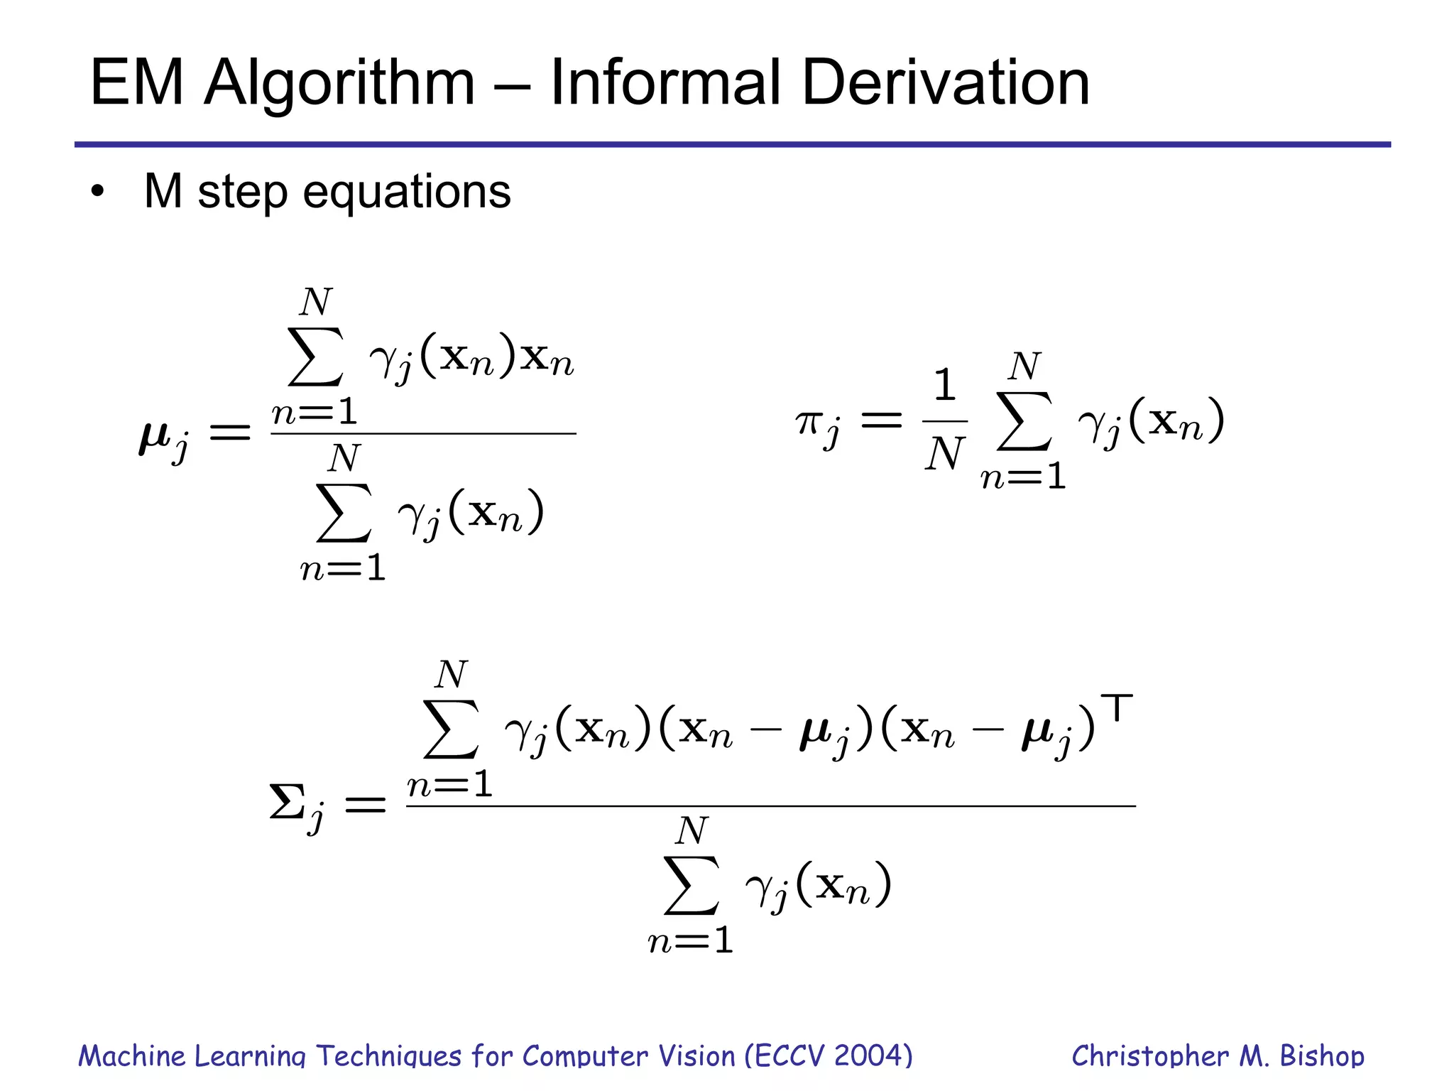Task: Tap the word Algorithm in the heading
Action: point(339,83)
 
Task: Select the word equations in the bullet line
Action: point(407,192)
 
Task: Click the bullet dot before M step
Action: point(97,192)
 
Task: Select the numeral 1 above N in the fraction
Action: point(944,385)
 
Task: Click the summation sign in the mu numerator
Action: point(316,357)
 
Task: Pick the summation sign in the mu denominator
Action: point(344,513)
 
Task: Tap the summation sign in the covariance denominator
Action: point(692,886)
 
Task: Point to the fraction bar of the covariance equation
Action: point(770,806)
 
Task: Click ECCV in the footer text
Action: point(789,1056)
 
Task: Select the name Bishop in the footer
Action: point(1322,1056)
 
